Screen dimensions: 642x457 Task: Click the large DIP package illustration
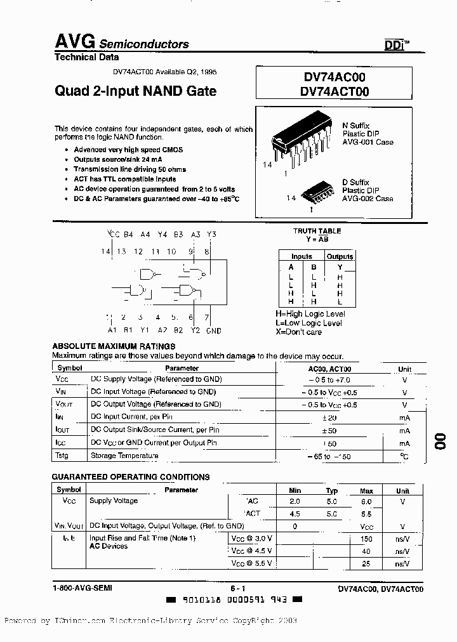point(302,140)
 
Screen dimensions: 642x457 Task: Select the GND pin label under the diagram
point(214,331)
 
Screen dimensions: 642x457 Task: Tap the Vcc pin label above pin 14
point(113,235)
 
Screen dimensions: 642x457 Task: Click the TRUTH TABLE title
point(317,232)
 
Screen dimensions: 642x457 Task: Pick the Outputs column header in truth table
point(340,257)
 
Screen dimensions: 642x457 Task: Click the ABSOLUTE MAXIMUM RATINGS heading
point(114,346)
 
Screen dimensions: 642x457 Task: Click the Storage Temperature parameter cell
point(124,455)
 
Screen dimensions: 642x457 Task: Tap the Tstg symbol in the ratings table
point(62,455)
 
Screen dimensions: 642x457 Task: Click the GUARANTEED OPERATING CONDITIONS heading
point(131,477)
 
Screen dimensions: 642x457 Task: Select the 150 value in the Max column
point(366,539)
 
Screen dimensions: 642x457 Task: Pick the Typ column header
point(331,490)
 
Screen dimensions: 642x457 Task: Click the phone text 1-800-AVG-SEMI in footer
point(83,588)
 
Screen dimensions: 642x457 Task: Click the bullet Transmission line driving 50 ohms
point(129,169)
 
